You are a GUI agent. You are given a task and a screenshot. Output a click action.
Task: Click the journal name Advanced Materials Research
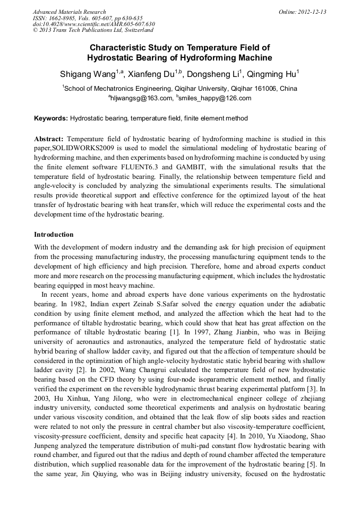70,12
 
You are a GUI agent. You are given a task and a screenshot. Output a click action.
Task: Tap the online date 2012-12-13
312,12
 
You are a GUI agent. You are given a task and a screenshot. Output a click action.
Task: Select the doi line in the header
94,24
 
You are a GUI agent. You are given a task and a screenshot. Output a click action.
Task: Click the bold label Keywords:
51,118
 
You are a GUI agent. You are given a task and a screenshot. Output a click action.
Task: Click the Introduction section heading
54,235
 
